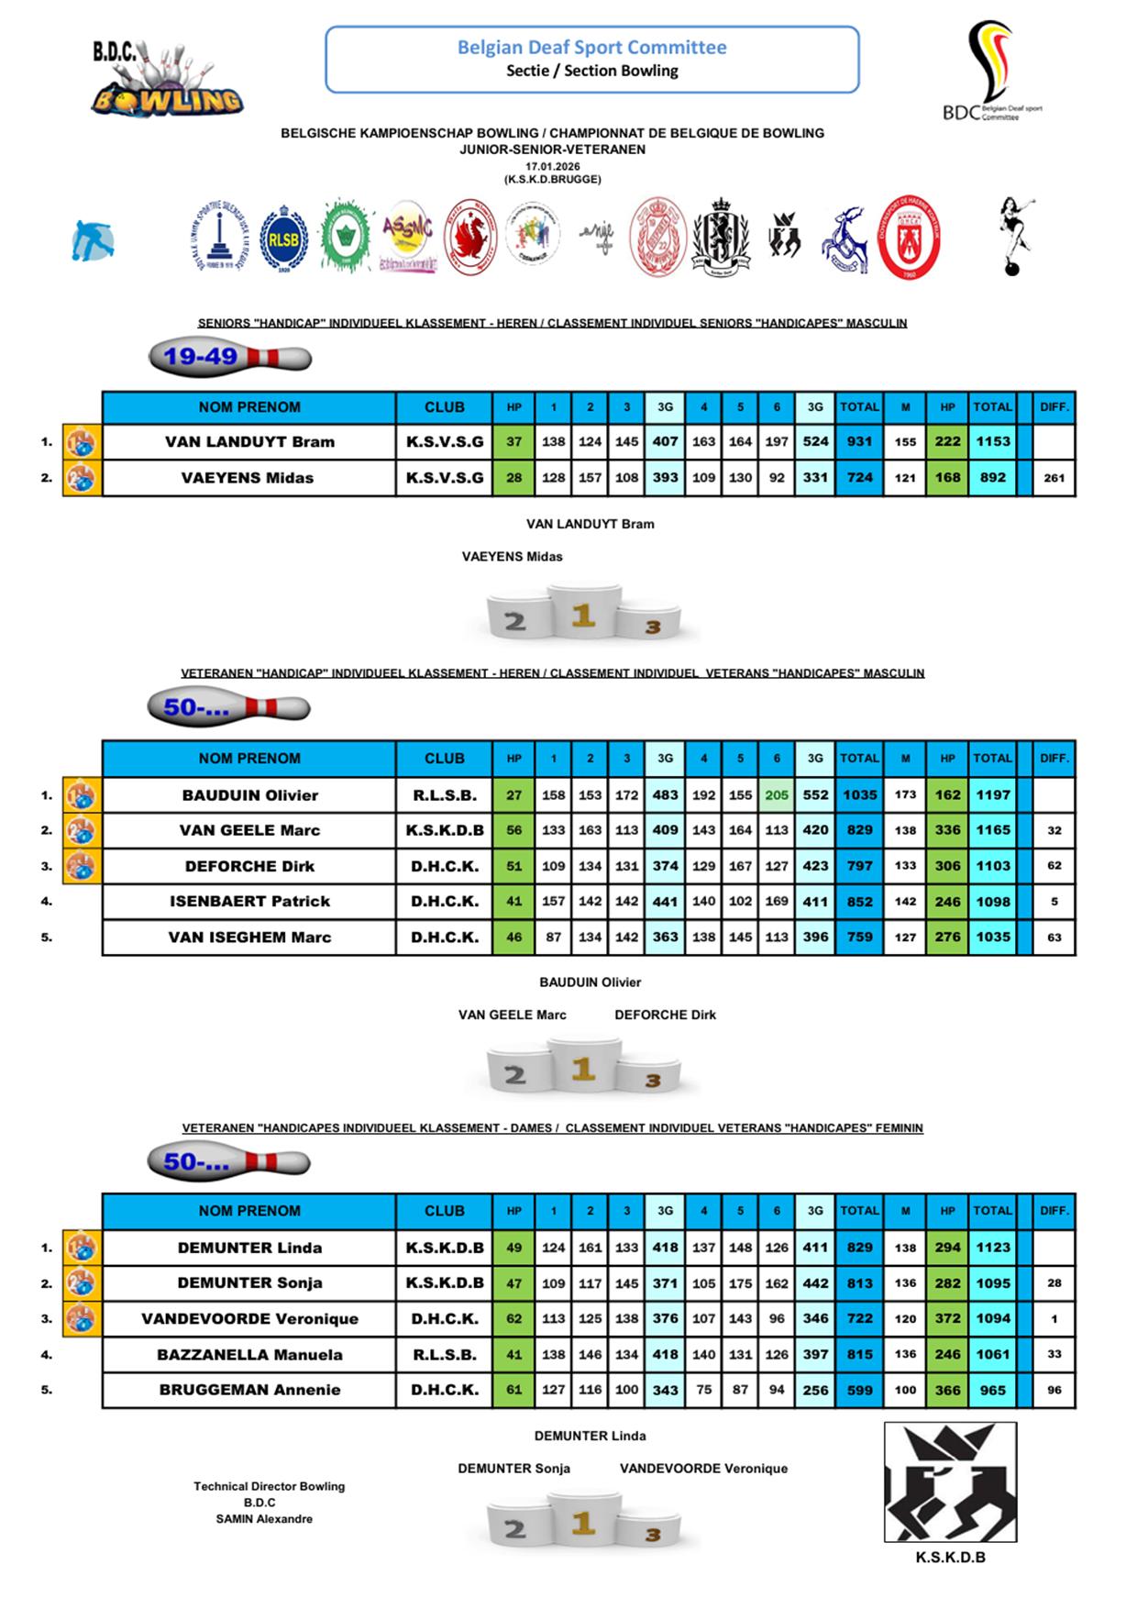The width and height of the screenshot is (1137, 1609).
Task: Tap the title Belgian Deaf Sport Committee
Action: pyautogui.click(x=591, y=48)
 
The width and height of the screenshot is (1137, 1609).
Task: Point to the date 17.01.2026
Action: pyautogui.click(x=552, y=166)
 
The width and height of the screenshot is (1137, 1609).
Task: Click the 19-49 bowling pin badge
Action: pyautogui.click(x=229, y=357)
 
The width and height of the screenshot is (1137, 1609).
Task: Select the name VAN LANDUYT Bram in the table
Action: pyautogui.click(x=249, y=442)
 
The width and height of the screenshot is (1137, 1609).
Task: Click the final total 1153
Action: pyautogui.click(x=992, y=441)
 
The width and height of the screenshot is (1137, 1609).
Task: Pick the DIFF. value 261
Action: pyautogui.click(x=1054, y=478)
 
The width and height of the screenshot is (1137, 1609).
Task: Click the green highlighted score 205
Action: pyautogui.click(x=777, y=795)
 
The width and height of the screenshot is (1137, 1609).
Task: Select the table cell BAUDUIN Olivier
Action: pyautogui.click(x=249, y=795)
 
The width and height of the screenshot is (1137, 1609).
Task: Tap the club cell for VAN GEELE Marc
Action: pyautogui.click(x=445, y=831)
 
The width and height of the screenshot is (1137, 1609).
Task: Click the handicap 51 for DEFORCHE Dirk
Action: pyautogui.click(x=513, y=866)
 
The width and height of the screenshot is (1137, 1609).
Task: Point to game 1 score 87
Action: pyautogui.click(x=553, y=938)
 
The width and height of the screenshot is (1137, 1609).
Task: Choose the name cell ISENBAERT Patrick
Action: pyautogui.click(x=249, y=902)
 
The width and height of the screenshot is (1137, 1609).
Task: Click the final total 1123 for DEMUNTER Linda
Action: pyautogui.click(x=992, y=1248)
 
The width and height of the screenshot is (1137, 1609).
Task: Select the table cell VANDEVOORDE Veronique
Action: pyautogui.click(x=249, y=1319)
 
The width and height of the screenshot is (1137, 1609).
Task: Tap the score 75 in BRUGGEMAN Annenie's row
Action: pyautogui.click(x=703, y=1390)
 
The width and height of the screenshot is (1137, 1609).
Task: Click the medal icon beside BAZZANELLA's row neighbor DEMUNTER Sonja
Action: pyautogui.click(x=82, y=1283)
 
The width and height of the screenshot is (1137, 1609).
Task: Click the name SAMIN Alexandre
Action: pyautogui.click(x=264, y=1519)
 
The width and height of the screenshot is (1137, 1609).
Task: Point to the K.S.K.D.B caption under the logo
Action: pyautogui.click(x=950, y=1558)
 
